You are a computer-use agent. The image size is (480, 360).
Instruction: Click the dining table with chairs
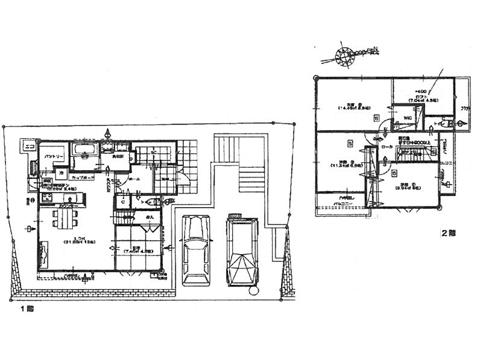[65, 216]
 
